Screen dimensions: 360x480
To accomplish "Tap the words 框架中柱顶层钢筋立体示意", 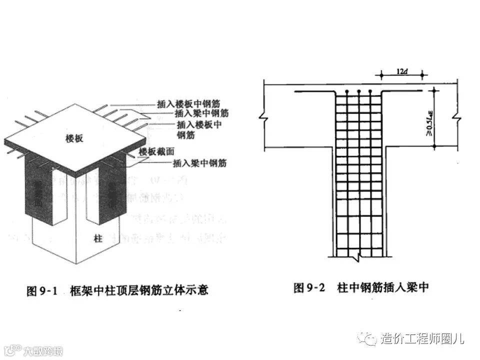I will (139, 290).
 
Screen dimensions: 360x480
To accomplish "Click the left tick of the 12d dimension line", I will (381, 75).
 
